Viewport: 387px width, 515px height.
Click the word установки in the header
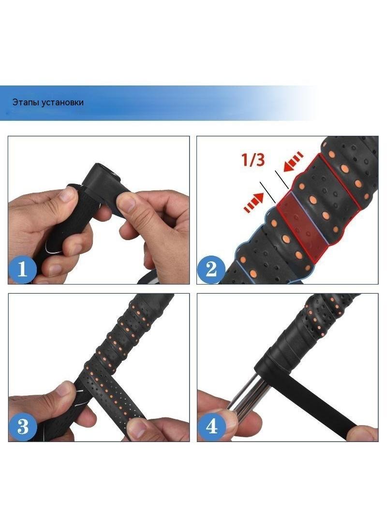coord(63,102)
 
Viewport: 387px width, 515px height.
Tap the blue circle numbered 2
coord(211,269)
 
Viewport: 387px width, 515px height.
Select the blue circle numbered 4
coord(211,427)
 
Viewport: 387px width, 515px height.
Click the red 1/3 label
coord(253,159)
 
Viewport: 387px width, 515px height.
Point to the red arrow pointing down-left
coord(294,161)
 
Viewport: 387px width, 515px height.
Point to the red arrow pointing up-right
coord(253,202)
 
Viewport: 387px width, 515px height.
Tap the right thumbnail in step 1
coord(127,202)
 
